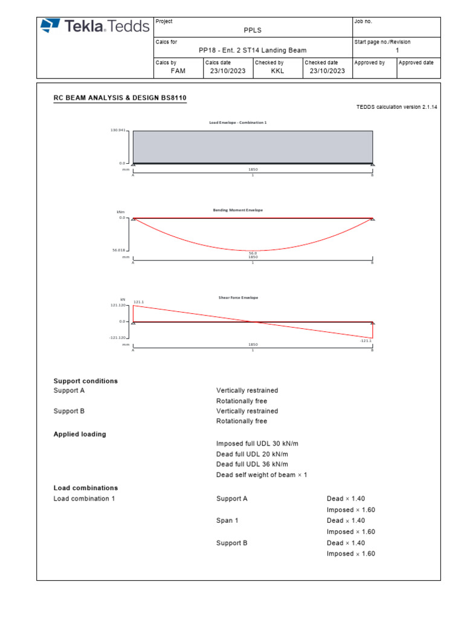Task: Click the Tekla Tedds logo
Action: tap(95, 25)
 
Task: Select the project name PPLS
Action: tap(253, 30)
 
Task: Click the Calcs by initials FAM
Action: tap(178, 71)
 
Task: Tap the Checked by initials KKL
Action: tap(277, 71)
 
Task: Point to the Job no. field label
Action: tap(364, 22)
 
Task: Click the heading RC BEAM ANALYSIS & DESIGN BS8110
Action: tap(120, 97)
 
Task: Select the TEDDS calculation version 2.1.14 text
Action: tap(397, 107)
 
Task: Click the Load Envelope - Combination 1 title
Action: tap(237, 123)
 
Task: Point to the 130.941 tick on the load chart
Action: tap(118, 131)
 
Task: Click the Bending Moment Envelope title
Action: tap(237, 210)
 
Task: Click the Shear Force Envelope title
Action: tap(237, 297)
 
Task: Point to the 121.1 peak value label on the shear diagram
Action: tap(138, 302)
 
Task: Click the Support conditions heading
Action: tap(86, 381)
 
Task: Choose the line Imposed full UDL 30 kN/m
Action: tap(257, 444)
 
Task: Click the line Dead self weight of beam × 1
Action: tap(262, 475)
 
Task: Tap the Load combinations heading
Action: tap(86, 488)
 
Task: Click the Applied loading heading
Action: tap(80, 434)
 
